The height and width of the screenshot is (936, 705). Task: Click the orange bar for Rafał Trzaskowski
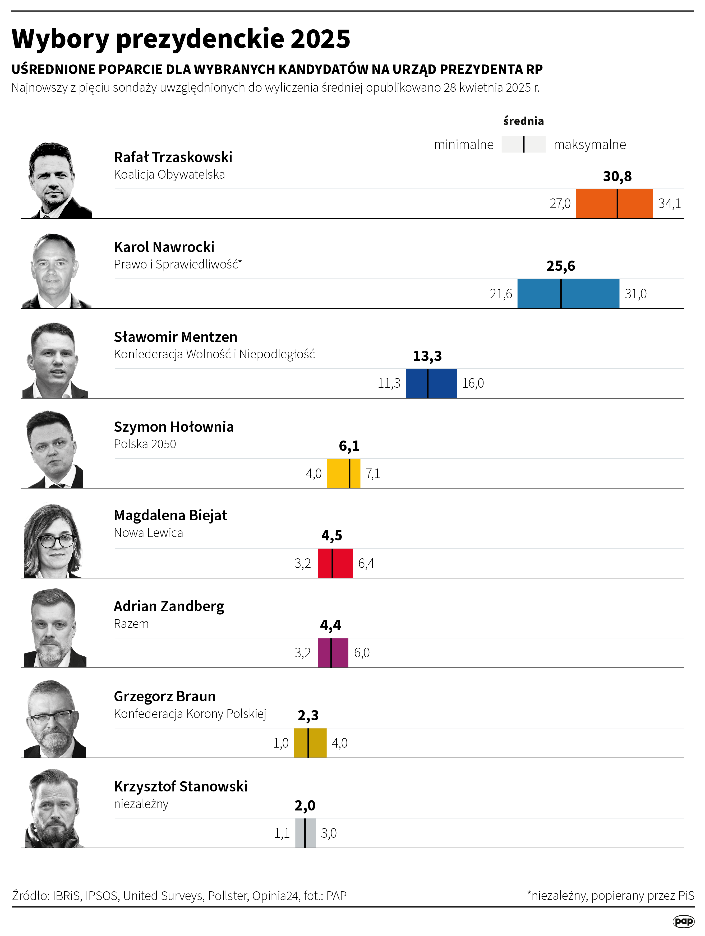(x=614, y=203)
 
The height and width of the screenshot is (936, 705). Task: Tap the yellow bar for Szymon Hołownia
(x=343, y=473)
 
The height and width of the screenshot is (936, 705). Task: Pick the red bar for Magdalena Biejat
(x=335, y=563)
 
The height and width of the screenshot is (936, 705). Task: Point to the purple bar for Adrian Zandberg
(x=333, y=652)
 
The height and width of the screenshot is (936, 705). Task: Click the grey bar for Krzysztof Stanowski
(x=305, y=833)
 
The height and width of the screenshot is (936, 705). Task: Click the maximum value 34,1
(x=669, y=203)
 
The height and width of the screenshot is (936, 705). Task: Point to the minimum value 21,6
(x=501, y=294)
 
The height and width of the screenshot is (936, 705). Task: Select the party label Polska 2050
(x=145, y=444)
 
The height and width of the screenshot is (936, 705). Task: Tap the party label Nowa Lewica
(x=148, y=533)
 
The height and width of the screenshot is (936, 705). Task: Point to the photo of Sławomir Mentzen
(x=54, y=360)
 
